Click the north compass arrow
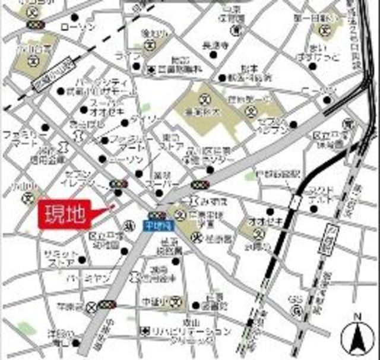(357, 337)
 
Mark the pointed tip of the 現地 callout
(113, 206)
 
